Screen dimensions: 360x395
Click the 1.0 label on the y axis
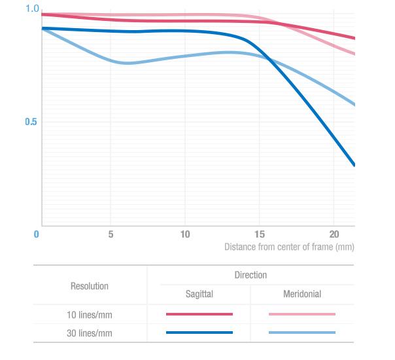[x=32, y=9]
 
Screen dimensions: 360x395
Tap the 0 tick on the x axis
[x=37, y=234]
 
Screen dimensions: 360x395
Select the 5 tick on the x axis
[x=111, y=234]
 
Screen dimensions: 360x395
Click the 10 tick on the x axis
[x=185, y=234]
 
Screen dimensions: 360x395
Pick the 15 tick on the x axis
[x=260, y=234]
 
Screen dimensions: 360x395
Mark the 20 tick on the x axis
[x=334, y=234]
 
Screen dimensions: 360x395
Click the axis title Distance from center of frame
[x=289, y=247]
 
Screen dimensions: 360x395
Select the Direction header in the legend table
[x=250, y=275]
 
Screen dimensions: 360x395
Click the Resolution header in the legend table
[x=90, y=286]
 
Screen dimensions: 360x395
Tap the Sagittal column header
[x=199, y=295]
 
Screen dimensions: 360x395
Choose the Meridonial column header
[x=302, y=295]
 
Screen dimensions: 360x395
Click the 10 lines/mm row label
[x=90, y=315]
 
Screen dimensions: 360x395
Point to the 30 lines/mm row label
[x=90, y=333]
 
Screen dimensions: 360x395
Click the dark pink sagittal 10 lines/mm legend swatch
[x=199, y=314]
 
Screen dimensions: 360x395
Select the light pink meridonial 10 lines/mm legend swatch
[x=302, y=314]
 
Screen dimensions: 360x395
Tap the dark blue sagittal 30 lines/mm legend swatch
[x=199, y=333]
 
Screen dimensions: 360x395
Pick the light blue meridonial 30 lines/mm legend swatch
[x=302, y=333]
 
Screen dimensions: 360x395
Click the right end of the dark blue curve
[x=354, y=164]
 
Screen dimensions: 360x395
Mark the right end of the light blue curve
[x=354, y=104]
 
